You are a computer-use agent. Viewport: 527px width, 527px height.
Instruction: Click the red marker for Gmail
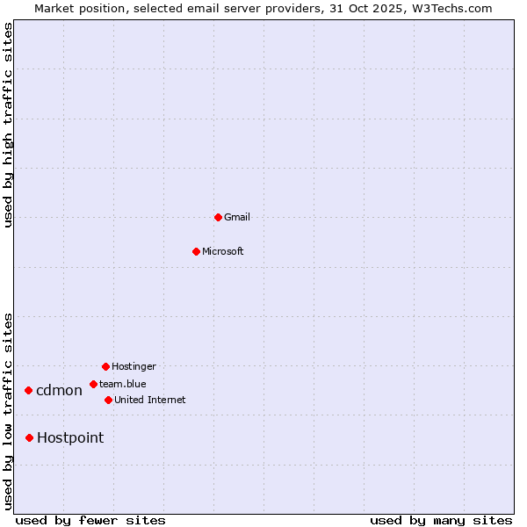point(218,217)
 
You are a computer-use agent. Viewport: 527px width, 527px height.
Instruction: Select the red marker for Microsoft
point(196,251)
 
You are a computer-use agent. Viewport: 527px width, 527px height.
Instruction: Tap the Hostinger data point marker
point(105,366)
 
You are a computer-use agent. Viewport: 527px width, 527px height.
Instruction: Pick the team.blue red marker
point(93,384)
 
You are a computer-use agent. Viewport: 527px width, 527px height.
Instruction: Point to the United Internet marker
point(108,400)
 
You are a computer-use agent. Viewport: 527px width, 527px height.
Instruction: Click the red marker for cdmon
point(28,390)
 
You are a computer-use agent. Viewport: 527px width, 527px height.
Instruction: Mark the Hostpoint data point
point(29,437)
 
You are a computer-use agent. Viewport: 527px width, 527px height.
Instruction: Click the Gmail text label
point(237,218)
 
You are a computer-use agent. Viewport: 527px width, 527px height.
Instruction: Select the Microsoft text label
point(223,252)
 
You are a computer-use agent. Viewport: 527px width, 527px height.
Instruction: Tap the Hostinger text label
point(134,367)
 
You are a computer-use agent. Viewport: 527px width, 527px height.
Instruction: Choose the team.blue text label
point(123,384)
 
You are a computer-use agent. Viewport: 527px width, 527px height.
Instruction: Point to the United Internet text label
point(150,401)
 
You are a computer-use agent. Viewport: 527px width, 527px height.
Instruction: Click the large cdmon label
point(59,391)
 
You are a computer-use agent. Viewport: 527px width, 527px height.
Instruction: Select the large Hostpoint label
point(70,438)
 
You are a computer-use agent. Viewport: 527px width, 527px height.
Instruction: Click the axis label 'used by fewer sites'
point(90,520)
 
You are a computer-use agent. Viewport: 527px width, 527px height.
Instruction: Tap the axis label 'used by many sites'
point(441,520)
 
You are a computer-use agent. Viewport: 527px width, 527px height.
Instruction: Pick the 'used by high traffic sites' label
point(9,125)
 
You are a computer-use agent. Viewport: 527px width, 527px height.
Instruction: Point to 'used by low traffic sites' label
point(9,410)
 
